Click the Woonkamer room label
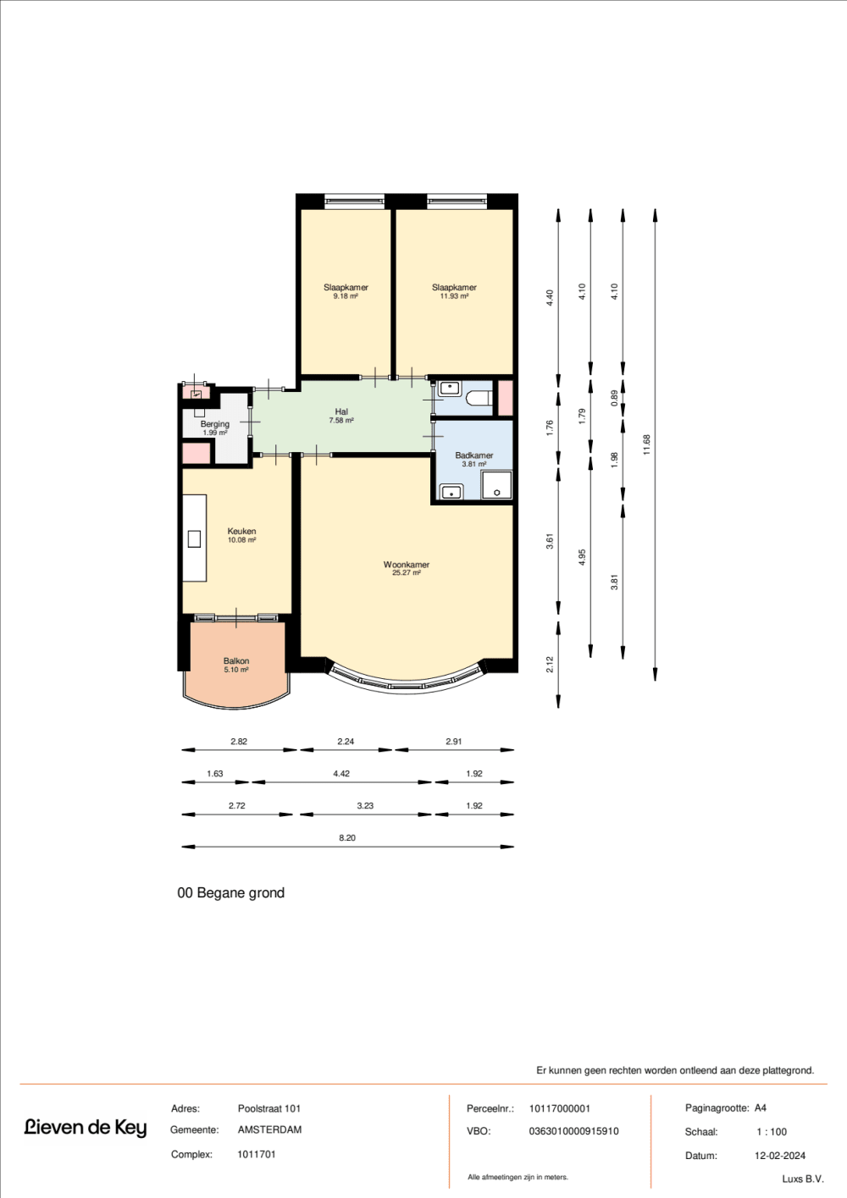pos(406,565)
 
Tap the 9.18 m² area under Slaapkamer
pos(346,296)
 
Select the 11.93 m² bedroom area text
pos(454,296)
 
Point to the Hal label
pos(341,412)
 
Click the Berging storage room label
pos(215,424)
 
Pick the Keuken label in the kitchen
pos(241,532)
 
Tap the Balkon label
pos(236,661)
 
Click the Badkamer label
pos(473,455)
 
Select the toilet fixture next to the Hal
pos(479,399)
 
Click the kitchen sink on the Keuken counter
pos(194,538)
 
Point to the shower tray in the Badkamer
pos(496,486)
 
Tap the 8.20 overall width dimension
pos(347,838)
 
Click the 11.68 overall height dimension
pos(647,444)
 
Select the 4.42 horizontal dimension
pos(341,774)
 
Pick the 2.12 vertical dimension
pos(550,665)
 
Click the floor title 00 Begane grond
pos(230,893)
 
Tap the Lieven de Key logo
pos(85,1128)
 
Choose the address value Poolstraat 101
pos(269,1108)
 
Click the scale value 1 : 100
pos(772,1132)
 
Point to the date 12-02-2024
pos(780,1156)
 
